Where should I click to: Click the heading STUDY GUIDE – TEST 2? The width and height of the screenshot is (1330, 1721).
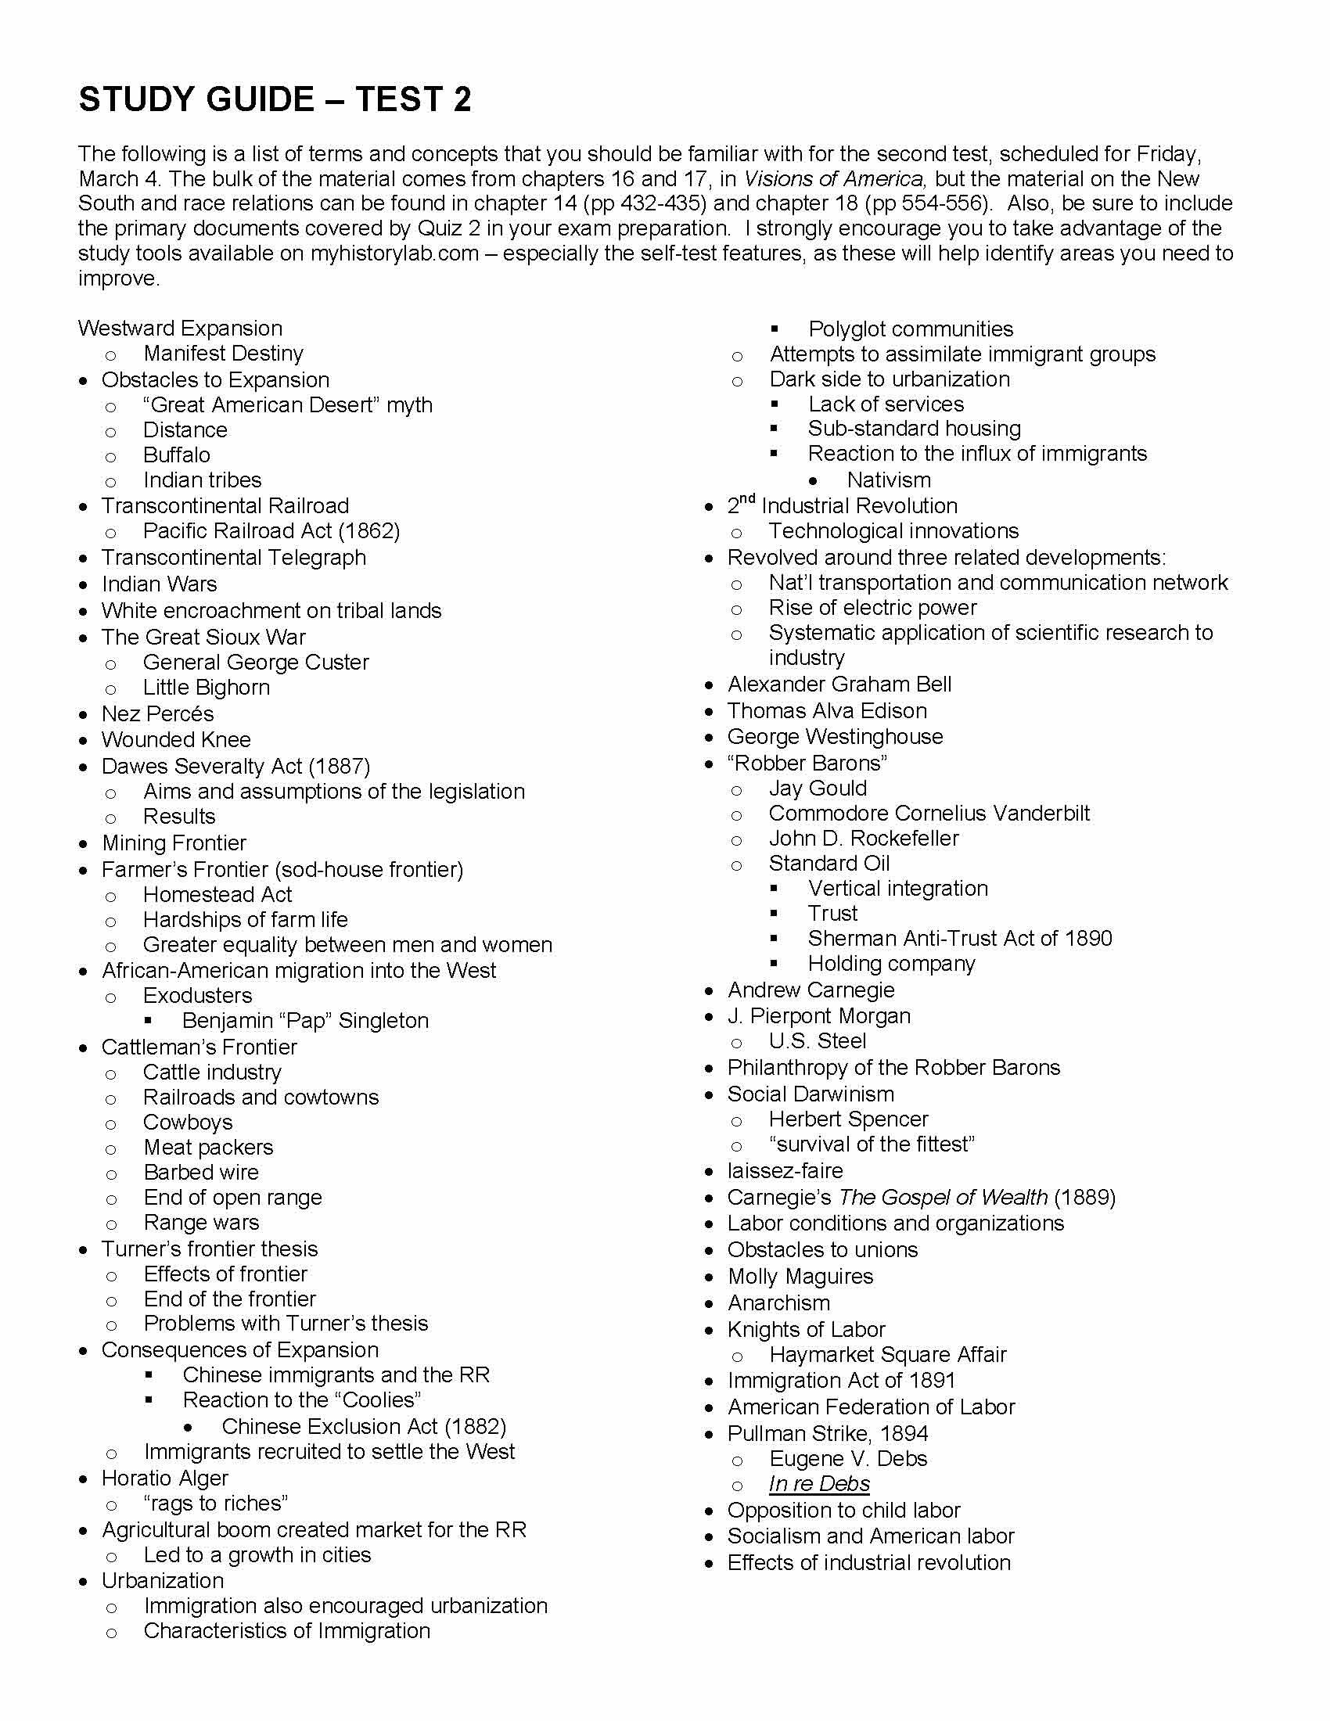(x=275, y=100)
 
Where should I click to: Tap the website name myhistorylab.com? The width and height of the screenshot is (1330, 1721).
(x=394, y=253)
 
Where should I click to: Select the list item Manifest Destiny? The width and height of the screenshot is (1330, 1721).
(x=223, y=354)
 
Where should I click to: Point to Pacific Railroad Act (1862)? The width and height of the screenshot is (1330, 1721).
(x=271, y=531)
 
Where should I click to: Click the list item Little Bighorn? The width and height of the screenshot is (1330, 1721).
(x=207, y=688)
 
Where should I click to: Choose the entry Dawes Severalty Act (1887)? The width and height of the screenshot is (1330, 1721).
(x=235, y=766)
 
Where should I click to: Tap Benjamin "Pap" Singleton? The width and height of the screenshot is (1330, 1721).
(x=305, y=1020)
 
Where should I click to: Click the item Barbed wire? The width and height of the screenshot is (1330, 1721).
(x=201, y=1173)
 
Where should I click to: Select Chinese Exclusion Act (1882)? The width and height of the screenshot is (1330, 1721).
(x=363, y=1426)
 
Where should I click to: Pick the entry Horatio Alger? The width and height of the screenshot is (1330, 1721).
(x=164, y=1478)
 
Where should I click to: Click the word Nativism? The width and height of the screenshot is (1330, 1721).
(x=888, y=480)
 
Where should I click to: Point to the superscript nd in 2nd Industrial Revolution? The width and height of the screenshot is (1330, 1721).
(x=748, y=499)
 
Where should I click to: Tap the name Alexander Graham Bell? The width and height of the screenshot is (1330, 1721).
(x=839, y=684)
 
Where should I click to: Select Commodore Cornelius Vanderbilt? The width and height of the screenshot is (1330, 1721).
(x=929, y=814)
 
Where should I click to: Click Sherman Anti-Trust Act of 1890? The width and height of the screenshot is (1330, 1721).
(x=960, y=939)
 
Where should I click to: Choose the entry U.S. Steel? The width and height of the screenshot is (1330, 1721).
(x=817, y=1041)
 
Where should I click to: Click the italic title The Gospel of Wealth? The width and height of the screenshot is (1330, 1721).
(x=944, y=1198)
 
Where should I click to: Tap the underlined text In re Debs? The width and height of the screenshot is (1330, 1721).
(x=819, y=1484)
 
